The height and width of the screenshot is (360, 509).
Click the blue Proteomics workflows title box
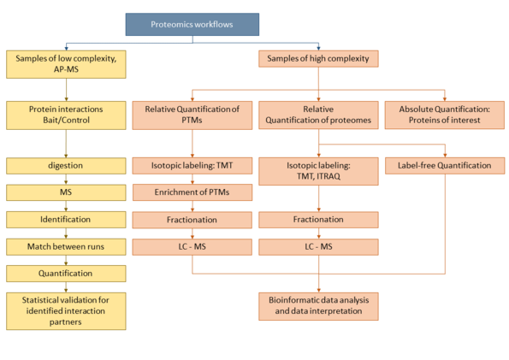pos(192,24)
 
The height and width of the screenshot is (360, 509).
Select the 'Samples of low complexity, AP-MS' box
pos(66,64)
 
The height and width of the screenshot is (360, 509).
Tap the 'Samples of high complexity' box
pos(318,59)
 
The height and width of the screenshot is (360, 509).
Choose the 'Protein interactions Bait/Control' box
pos(66,115)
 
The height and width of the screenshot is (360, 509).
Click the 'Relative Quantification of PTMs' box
pos(192,115)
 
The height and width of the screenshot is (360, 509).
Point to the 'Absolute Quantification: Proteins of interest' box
pos(445,115)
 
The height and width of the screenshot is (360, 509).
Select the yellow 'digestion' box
pos(66,166)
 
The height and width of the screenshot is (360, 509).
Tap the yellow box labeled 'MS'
pos(66,192)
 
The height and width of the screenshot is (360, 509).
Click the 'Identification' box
pos(66,220)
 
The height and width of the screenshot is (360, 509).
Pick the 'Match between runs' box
pos(66,247)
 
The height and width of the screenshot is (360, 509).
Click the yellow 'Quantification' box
pos(66,274)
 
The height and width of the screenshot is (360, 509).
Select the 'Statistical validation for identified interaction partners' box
pos(66,311)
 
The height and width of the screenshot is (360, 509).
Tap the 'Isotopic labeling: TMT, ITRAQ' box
pos(318,171)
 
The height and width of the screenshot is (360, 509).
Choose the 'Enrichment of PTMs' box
pos(192,192)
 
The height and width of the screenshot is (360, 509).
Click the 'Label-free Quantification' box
pos(445,166)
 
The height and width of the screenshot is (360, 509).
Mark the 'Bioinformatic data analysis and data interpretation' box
pos(318,306)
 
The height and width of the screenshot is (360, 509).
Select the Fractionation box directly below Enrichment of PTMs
pos(192,220)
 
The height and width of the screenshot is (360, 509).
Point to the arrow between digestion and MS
pos(66,180)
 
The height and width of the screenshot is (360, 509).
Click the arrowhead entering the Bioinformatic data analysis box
pos(318,291)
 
